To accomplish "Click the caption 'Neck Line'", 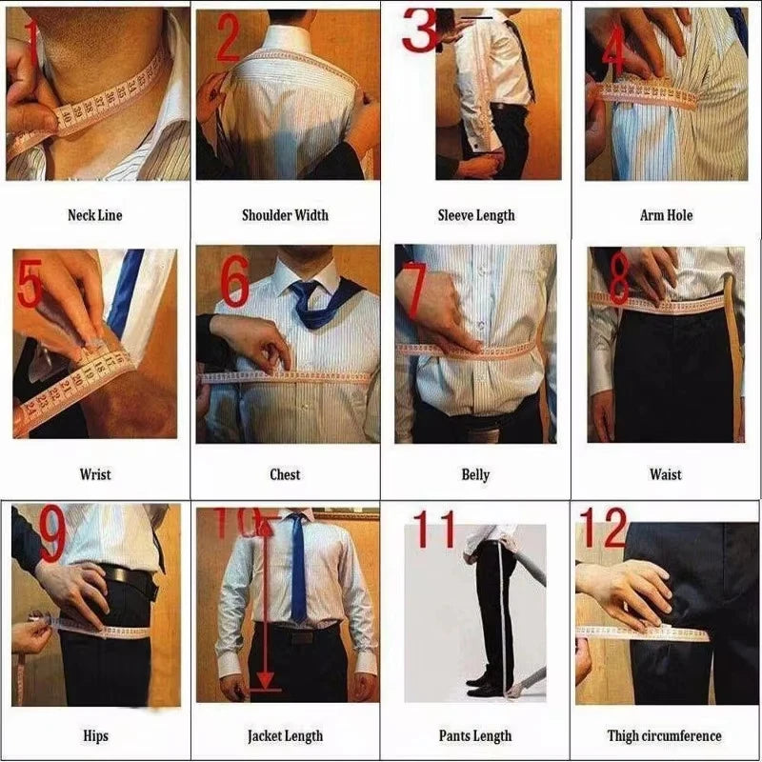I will coord(94,215).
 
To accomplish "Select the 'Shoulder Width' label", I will coord(285,215).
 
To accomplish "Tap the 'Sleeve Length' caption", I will coord(475,215).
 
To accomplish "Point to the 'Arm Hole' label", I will coord(666,215).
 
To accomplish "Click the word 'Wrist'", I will coord(94,474).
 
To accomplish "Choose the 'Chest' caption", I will coord(285,474).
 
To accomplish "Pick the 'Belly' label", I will coord(475,474).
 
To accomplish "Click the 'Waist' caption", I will coord(666,474).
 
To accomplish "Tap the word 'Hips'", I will coord(94,735).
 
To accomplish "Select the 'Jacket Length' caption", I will coord(285,735).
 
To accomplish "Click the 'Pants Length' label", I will coord(475,735).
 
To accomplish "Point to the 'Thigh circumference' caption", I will coord(665,735).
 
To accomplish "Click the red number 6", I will coord(234,282).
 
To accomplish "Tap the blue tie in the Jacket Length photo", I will coord(299,571).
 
